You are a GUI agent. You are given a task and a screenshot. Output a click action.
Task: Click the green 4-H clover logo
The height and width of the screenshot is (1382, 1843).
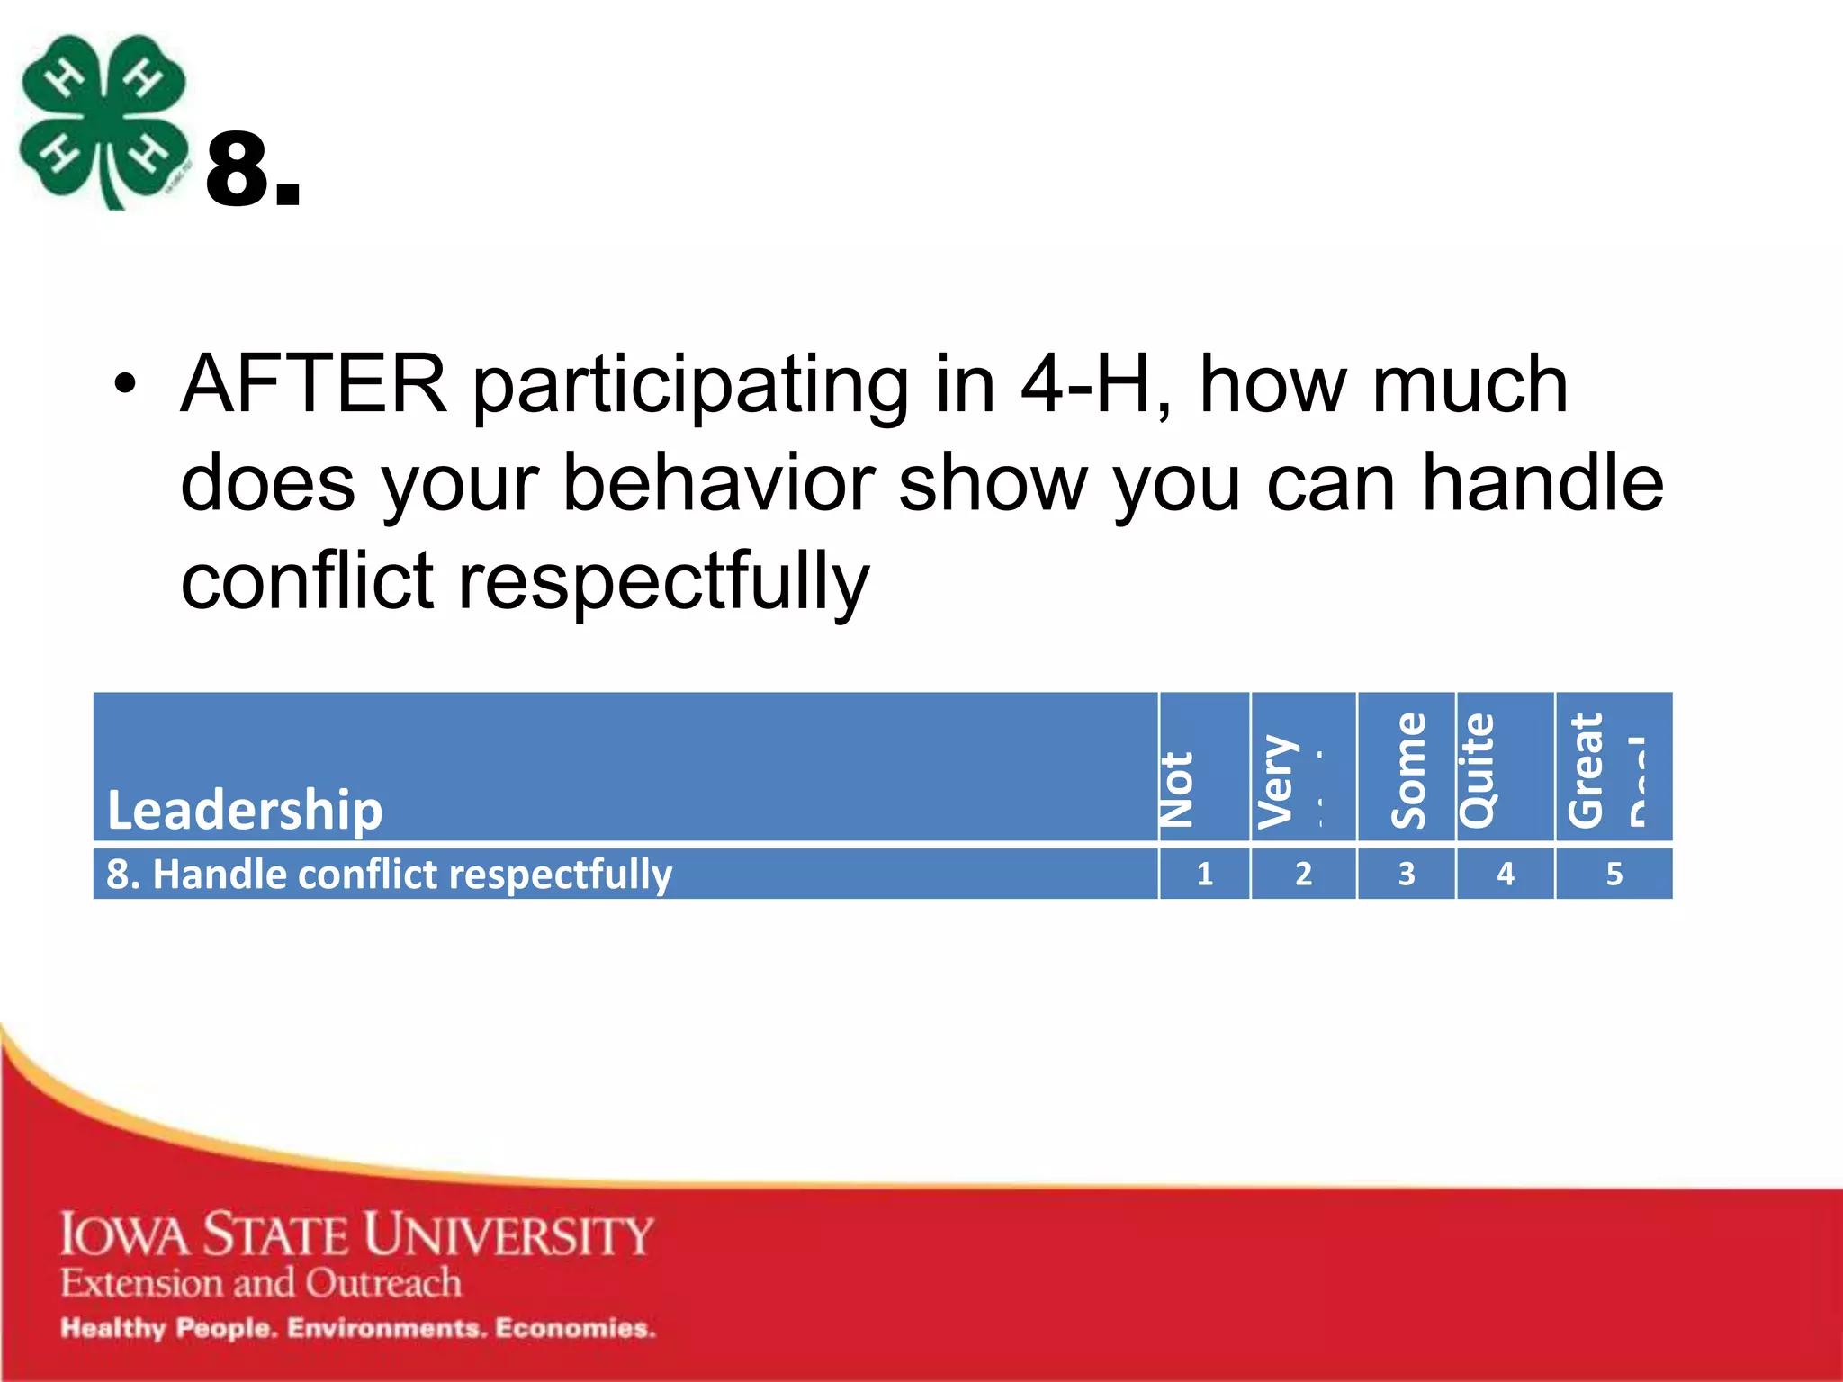coord(103,121)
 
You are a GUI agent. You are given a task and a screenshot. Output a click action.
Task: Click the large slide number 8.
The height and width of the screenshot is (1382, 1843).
coord(252,171)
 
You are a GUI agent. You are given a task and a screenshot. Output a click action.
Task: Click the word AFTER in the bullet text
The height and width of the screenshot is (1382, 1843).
coord(313,384)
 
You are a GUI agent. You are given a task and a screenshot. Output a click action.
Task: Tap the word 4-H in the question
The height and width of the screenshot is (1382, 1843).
coord(1085,384)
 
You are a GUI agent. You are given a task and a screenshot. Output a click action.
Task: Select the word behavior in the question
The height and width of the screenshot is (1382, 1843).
coord(718,483)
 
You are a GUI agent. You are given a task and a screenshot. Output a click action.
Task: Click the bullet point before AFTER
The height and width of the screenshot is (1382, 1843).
coord(125,385)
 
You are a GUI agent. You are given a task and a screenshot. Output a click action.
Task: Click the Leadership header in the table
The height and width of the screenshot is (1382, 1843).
coord(245,809)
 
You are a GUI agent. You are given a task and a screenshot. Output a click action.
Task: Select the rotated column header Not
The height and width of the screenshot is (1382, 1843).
coord(1177,789)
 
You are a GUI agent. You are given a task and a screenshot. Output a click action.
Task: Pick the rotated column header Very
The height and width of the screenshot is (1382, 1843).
coord(1276,781)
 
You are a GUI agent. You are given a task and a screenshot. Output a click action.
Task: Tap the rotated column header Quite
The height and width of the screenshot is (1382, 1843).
coord(1478,770)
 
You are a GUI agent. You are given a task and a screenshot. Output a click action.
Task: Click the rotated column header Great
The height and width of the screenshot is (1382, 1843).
coord(1586,770)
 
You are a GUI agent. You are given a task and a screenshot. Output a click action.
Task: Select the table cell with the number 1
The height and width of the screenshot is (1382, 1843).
coord(1204,874)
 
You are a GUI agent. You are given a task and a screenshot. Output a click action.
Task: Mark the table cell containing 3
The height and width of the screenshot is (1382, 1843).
coord(1406,874)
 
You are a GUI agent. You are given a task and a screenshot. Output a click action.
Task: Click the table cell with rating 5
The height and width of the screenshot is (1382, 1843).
coord(1614,874)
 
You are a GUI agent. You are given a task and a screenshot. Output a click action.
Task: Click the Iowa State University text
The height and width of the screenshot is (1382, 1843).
coord(356,1234)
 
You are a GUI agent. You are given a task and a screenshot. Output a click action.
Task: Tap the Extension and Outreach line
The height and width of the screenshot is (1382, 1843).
coord(261,1282)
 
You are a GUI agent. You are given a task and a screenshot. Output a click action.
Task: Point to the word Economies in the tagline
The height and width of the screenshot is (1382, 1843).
coord(575,1328)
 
